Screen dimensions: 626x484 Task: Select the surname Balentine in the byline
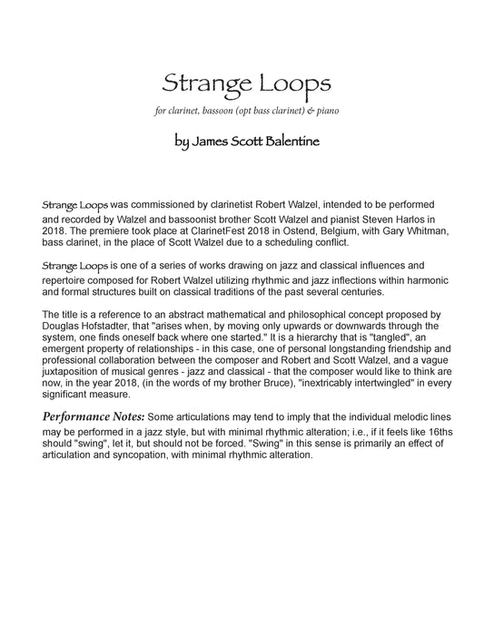289,142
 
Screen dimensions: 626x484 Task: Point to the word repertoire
64,281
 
